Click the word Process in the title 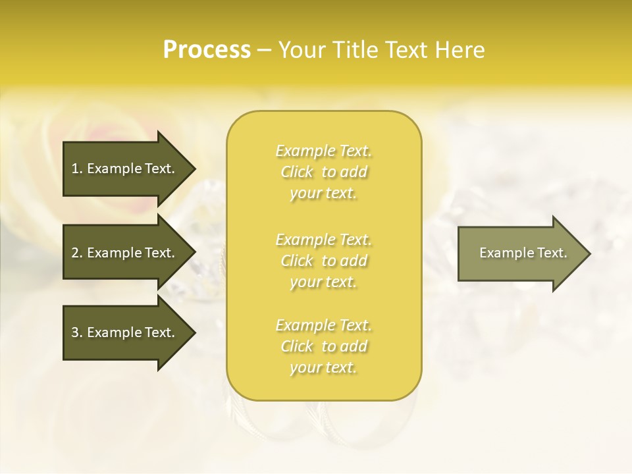(x=207, y=50)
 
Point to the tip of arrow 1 (x=194, y=169)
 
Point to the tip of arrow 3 (x=194, y=332)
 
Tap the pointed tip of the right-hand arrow (x=589, y=253)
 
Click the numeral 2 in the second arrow (x=75, y=253)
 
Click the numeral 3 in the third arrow (x=75, y=332)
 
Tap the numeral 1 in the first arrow (x=75, y=169)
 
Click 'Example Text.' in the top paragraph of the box (x=323, y=151)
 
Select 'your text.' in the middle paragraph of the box (x=323, y=282)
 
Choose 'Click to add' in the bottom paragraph (x=323, y=346)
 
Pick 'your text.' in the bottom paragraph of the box (x=323, y=367)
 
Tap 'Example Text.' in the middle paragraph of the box (x=323, y=240)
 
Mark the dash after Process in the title (x=264, y=51)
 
